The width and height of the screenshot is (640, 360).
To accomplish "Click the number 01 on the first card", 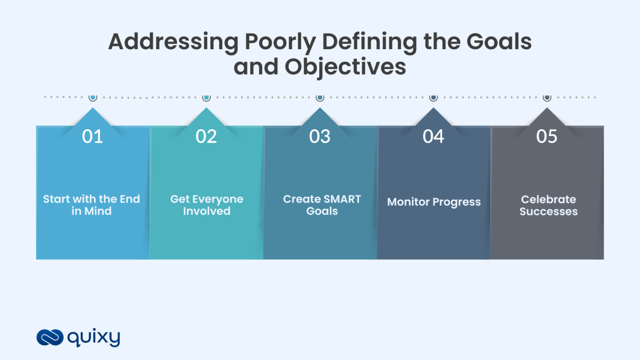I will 92,137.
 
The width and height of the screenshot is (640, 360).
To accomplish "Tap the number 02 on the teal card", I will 206,137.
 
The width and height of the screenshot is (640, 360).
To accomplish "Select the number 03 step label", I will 320,137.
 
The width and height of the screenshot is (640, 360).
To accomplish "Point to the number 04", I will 433,137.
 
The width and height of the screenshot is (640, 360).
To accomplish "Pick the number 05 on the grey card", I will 547,137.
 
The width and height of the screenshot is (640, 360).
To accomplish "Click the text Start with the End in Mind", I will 92,205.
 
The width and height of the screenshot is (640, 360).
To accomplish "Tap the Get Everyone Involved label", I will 207,205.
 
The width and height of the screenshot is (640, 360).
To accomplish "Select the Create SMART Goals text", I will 322,205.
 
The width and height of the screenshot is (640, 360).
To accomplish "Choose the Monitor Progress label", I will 434,202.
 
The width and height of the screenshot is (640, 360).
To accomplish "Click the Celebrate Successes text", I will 548,205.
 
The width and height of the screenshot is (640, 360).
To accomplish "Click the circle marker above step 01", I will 93,97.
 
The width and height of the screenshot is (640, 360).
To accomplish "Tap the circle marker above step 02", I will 206,97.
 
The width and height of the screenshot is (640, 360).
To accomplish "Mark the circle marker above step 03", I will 320,97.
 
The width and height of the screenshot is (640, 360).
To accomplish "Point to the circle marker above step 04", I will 433,97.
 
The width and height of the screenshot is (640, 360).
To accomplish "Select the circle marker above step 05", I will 547,97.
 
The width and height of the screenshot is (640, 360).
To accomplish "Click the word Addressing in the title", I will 173,42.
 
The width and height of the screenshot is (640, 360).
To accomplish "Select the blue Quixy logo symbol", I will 50,337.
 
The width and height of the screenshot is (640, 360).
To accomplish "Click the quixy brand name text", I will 94,337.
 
